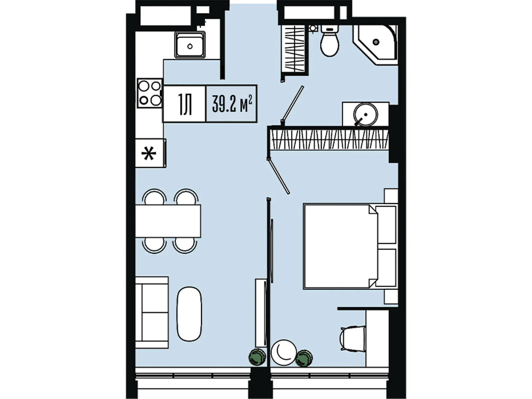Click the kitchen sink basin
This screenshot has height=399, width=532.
click(190, 45)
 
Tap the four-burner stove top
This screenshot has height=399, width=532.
click(149, 93)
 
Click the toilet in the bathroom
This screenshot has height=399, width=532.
click(330, 41)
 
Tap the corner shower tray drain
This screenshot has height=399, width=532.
click(376, 42)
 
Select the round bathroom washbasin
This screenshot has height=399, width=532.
click(365, 114)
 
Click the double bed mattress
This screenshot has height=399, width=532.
click(340, 247)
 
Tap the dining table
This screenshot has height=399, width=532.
click(168, 221)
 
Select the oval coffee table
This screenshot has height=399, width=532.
click(189, 314)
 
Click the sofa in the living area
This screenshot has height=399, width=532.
click(152, 313)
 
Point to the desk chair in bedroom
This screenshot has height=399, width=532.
click(353, 338)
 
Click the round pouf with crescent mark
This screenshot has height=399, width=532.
click(284, 352)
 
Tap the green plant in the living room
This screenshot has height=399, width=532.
click(257, 357)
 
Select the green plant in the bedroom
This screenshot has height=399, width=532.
click(304, 358)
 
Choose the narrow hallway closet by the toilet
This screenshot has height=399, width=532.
click(294, 49)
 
